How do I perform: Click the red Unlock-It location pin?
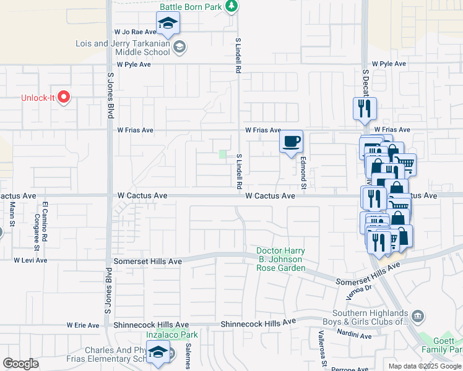point(64,98)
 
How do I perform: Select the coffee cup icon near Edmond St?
point(291,142)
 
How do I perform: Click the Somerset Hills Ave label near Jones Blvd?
point(149,262)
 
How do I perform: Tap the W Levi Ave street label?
point(30,260)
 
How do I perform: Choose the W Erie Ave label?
point(83,325)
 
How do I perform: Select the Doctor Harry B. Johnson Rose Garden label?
point(281,260)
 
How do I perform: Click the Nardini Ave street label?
point(355,336)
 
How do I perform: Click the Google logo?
point(20,364)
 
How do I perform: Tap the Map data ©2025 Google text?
point(424,366)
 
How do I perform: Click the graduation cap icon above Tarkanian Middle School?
point(168,25)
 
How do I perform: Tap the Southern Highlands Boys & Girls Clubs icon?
point(418,316)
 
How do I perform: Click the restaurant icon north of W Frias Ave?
point(365,109)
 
